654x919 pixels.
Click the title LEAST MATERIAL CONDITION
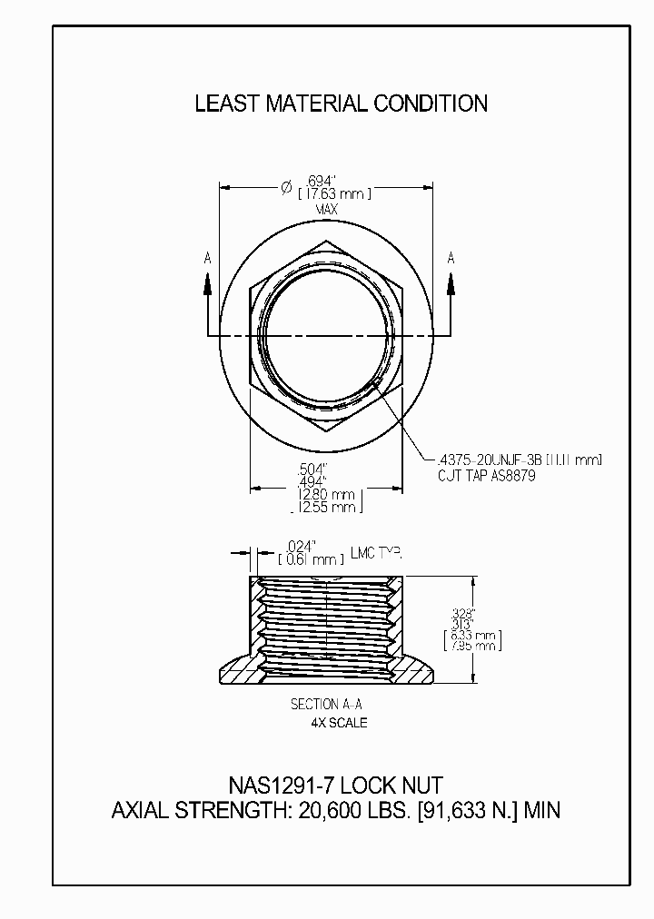341,104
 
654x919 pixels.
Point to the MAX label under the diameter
327,210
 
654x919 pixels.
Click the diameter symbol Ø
285,187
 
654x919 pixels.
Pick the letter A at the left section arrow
208,259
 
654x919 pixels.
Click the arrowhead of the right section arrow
451,282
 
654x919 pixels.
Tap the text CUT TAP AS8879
487,475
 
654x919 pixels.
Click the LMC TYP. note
374,553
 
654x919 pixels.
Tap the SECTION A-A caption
327,704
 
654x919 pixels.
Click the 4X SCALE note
339,723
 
